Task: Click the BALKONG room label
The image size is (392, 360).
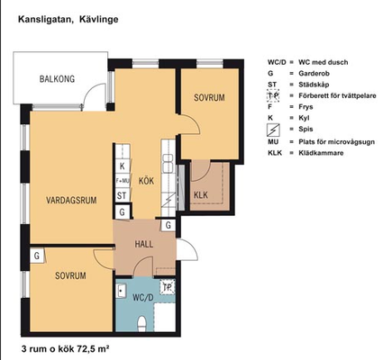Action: [57, 79]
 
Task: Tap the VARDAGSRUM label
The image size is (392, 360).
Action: [71, 200]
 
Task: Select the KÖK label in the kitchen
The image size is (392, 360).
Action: [146, 181]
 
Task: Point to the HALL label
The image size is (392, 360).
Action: [144, 244]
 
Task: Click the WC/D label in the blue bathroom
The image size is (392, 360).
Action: [143, 298]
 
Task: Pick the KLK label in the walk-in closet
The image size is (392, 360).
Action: [201, 195]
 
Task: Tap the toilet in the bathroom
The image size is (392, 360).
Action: [141, 324]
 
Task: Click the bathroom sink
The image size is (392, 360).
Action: [121, 290]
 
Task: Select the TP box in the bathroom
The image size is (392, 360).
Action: [168, 287]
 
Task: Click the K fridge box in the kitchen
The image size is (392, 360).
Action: [123, 166]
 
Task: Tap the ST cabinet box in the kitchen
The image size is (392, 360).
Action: [122, 195]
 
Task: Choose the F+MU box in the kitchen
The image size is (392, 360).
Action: [123, 181]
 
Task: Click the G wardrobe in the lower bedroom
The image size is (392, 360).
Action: [37, 256]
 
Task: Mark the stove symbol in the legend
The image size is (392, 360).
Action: [273, 130]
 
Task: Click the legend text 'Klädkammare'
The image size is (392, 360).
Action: [321, 153]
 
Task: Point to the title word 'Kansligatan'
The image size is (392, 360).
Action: [45, 20]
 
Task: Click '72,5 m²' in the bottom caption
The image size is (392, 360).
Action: [93, 349]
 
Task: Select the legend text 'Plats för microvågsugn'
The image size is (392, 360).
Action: [336, 141]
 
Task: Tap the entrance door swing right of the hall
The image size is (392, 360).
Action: [187, 249]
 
